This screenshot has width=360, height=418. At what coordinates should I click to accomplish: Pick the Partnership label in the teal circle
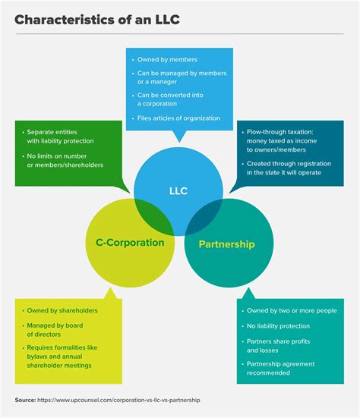[226, 244]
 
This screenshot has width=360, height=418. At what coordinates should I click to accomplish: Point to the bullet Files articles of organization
[179, 118]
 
